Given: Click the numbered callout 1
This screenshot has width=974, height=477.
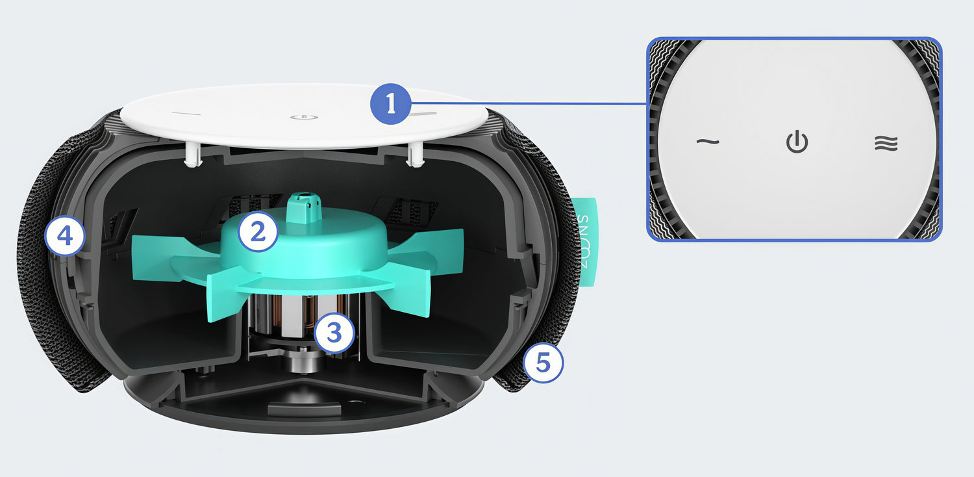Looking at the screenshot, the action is pos(390,104).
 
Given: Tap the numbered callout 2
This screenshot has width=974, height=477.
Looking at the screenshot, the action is pos(258,231).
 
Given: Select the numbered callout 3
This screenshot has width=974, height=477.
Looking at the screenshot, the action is pos(334,333).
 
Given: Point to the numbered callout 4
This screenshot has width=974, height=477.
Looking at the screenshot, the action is pos(65,237).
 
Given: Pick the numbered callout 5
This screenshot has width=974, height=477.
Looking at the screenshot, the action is pos(543,363).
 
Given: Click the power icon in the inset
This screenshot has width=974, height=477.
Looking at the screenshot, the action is pos(797,142).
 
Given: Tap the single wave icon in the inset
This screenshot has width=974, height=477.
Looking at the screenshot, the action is pos(708,142).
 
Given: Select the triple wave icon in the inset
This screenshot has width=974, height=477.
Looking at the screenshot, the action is pos(886,143).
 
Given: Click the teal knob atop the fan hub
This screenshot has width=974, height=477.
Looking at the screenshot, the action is pos(305,207).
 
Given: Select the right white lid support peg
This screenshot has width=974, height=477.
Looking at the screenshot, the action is pos(414,154).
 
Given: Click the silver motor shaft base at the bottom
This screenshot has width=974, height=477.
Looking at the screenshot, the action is pos(305,362).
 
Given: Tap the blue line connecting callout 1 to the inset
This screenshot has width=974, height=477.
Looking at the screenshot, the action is pos(529,103).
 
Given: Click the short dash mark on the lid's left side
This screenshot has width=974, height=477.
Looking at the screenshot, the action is pos(186,114).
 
